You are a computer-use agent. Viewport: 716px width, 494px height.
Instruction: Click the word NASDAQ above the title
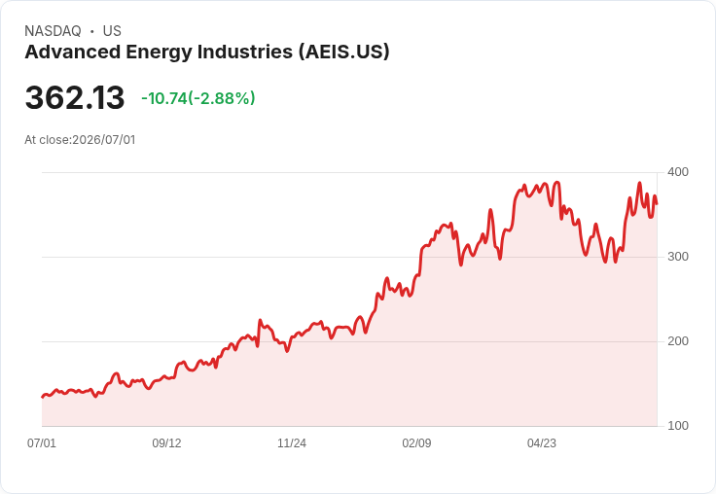pyautogui.click(x=53, y=31)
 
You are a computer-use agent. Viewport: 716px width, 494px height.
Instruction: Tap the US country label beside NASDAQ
pyautogui.click(x=112, y=31)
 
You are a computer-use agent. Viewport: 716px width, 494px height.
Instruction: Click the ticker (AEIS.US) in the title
pyautogui.click(x=344, y=52)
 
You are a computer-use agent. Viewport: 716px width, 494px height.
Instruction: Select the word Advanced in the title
pyautogui.click(x=72, y=52)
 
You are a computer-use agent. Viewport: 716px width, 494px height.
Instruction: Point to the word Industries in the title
pyautogui.click(x=245, y=52)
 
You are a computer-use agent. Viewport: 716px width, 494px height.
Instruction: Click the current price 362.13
pyautogui.click(x=75, y=97)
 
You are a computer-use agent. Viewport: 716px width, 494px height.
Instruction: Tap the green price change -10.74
pyautogui.click(x=164, y=98)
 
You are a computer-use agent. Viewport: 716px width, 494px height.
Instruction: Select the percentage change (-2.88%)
pyautogui.click(x=222, y=98)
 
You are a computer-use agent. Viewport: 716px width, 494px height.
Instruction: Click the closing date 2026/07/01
pyautogui.click(x=104, y=140)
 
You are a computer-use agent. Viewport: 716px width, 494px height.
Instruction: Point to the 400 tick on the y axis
pyautogui.click(x=678, y=172)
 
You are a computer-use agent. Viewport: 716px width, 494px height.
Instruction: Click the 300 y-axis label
pyautogui.click(x=678, y=257)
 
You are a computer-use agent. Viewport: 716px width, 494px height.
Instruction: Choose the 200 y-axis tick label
pyautogui.click(x=678, y=341)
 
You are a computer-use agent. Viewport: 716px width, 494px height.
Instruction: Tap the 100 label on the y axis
pyautogui.click(x=678, y=426)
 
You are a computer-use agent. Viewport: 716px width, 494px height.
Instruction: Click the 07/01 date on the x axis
pyautogui.click(x=42, y=442)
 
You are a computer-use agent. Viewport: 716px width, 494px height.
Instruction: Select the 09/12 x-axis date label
pyautogui.click(x=166, y=442)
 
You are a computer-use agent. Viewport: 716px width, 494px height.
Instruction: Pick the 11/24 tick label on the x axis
pyautogui.click(x=292, y=442)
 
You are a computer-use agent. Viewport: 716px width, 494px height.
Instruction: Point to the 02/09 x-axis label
pyautogui.click(x=416, y=442)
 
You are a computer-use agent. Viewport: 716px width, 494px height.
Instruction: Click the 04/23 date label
pyautogui.click(x=542, y=442)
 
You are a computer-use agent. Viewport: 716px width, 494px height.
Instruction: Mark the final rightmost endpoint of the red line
pyautogui.click(x=657, y=204)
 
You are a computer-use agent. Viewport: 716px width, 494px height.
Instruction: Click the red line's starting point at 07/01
pyautogui.click(x=43, y=397)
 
